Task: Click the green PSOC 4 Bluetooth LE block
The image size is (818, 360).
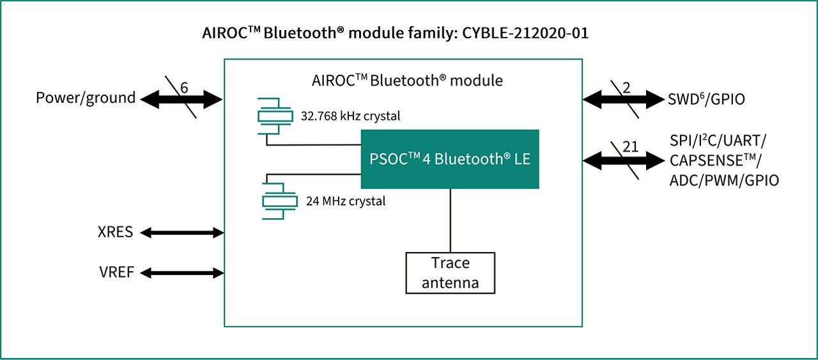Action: (x=450, y=159)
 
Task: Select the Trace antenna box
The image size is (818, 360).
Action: (x=451, y=272)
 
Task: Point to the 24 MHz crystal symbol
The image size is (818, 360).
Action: (x=279, y=200)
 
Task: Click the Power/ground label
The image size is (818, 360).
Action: (x=86, y=98)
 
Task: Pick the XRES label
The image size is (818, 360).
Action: (x=116, y=231)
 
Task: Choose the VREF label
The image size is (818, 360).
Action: (x=117, y=272)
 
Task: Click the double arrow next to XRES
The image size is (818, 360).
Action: (x=182, y=233)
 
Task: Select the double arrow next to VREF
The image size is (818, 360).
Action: (x=182, y=273)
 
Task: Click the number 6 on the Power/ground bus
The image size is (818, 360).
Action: (x=183, y=88)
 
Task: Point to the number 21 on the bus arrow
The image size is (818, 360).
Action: (x=631, y=147)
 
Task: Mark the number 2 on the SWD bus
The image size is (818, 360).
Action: (x=626, y=88)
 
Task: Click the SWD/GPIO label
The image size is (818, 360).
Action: (x=706, y=99)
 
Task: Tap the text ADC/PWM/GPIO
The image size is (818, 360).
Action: (x=724, y=180)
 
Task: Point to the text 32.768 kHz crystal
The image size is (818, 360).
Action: (x=350, y=116)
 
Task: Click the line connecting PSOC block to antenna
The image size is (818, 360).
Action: (x=451, y=221)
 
